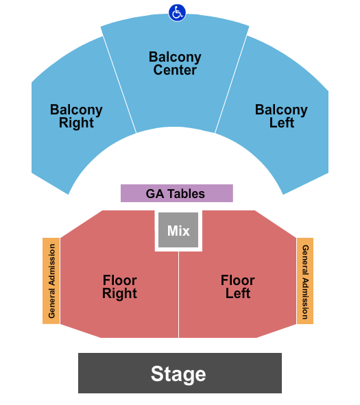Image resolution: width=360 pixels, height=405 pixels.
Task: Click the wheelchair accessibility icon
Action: coord(177,12)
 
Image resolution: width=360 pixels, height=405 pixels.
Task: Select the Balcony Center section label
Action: coord(175,63)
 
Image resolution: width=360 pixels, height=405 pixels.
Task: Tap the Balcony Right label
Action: coord(76,116)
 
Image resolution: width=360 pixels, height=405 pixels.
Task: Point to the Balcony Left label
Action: coord(281,116)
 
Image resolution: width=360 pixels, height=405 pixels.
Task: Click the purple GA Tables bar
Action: coord(177,193)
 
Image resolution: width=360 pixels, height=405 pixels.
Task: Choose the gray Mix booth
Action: coord(178,230)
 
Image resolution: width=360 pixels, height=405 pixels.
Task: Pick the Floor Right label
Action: coord(119,286)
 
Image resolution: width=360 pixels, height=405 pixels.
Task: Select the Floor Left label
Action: coord(238,286)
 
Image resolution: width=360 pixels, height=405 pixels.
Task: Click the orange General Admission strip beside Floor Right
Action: coord(51,281)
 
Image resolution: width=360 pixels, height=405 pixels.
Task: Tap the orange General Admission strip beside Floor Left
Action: coord(305,281)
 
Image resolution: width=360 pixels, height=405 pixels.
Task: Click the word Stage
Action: coord(178,373)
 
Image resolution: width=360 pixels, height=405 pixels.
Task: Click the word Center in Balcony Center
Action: coord(175,70)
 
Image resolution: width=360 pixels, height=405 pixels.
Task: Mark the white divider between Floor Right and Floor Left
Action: coord(178,295)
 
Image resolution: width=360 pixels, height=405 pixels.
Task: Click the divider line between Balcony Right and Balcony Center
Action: coord(119,84)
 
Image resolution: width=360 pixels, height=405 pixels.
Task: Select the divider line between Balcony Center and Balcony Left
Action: coord(231,84)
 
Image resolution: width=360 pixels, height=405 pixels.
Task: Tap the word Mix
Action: coord(178,230)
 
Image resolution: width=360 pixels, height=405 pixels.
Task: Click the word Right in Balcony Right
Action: coord(76,123)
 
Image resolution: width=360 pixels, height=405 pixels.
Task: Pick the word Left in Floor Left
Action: coord(238,293)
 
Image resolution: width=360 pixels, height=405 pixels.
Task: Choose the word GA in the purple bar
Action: coord(155,194)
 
